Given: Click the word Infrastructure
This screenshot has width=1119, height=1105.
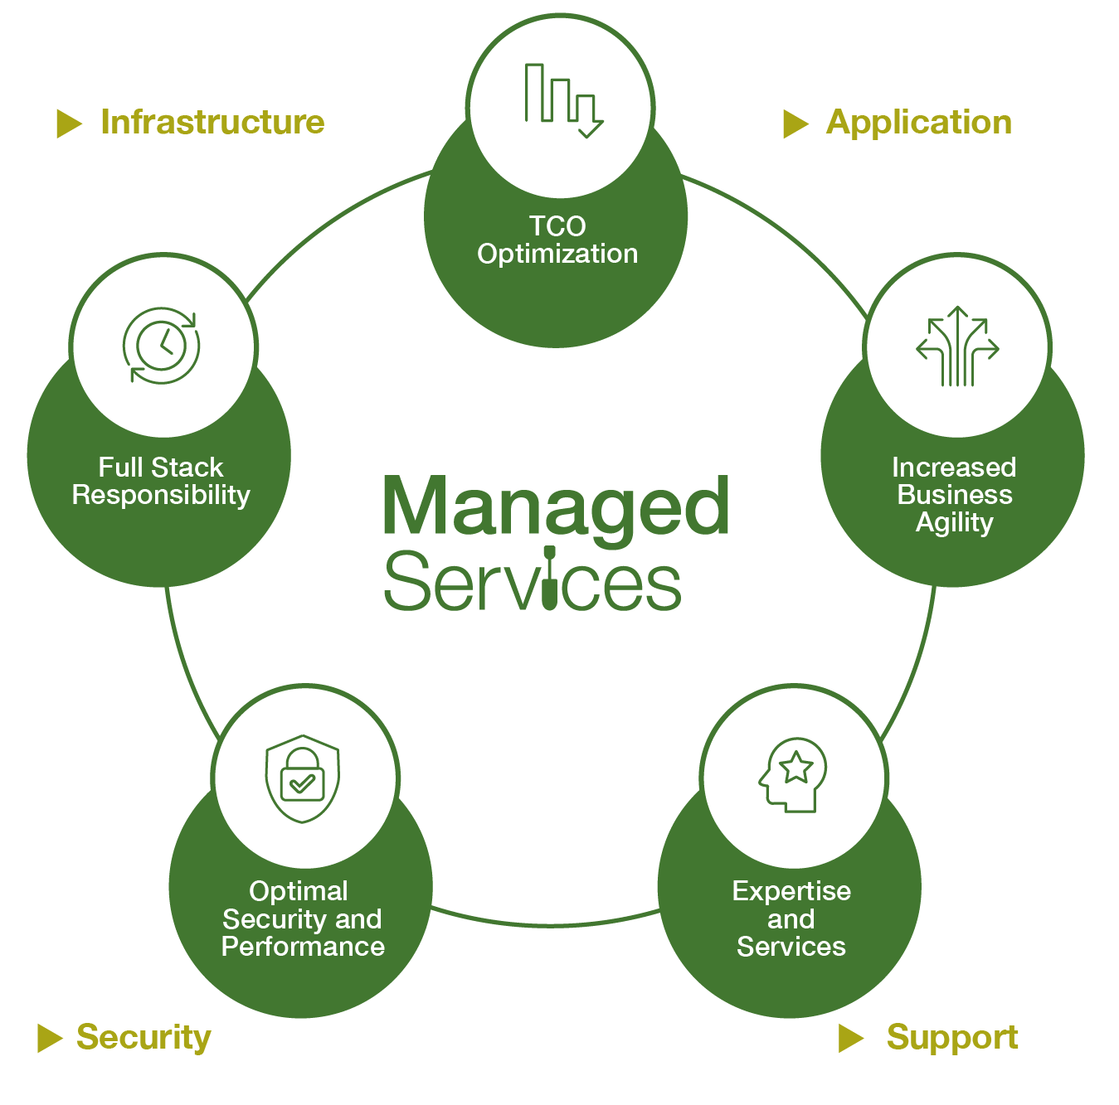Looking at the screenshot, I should click(x=212, y=123).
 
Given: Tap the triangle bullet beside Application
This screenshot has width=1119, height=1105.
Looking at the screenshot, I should click(x=795, y=124).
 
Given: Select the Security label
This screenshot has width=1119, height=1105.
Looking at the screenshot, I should click(x=144, y=1037).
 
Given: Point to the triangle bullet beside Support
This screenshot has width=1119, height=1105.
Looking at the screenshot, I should click(x=850, y=1038).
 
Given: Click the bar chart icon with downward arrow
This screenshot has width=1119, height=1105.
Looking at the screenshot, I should click(x=562, y=100).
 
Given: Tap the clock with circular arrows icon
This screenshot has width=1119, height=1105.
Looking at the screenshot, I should click(x=162, y=346).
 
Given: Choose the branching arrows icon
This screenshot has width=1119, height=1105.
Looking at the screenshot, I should click(x=957, y=347).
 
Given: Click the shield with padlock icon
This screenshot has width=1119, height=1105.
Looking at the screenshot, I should click(x=303, y=778).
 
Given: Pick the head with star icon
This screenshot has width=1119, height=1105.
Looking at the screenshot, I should click(x=794, y=775).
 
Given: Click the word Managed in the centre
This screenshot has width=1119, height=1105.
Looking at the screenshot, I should click(x=556, y=507).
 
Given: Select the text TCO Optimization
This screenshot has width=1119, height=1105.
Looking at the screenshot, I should click(x=557, y=240).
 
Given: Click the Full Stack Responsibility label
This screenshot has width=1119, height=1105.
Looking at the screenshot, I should click(x=161, y=481).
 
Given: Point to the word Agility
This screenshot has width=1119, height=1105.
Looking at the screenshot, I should click(x=954, y=523).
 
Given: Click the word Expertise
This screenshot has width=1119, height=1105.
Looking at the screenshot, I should click(x=791, y=891).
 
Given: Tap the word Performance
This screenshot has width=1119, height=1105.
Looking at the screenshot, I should click(x=303, y=947).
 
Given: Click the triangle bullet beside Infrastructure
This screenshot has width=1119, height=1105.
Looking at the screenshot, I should click(x=69, y=124).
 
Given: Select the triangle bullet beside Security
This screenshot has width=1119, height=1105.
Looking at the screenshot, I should click(x=50, y=1038).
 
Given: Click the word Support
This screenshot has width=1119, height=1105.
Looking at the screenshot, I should click(x=951, y=1038).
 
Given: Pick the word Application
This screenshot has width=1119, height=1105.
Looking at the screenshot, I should click(x=919, y=123).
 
